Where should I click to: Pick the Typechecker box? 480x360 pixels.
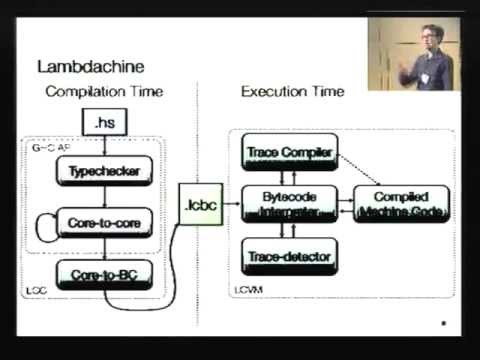point(103,171)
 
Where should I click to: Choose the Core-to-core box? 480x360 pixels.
point(103,221)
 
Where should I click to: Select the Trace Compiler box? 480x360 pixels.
point(286,153)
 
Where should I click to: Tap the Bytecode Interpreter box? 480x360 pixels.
point(286,205)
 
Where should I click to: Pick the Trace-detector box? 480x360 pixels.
point(286,257)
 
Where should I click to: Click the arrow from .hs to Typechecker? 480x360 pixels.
point(103,146)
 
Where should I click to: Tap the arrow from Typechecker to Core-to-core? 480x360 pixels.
point(103,196)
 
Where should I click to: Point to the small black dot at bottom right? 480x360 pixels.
point(443,323)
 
